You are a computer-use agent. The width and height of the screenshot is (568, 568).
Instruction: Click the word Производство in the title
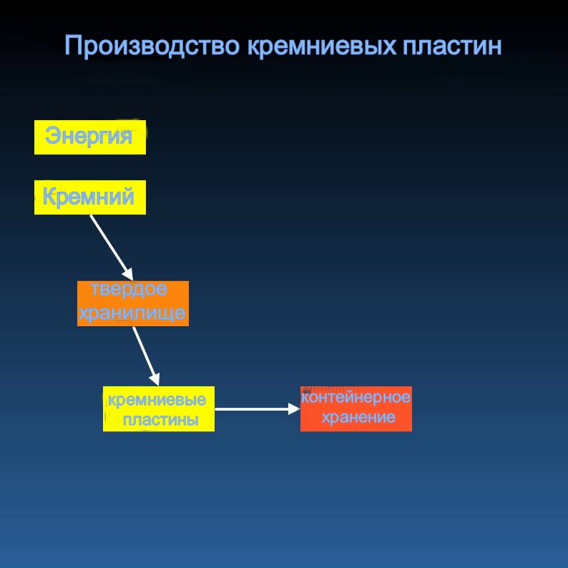click(152, 46)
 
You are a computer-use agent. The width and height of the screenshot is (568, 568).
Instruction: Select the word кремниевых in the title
click(322, 46)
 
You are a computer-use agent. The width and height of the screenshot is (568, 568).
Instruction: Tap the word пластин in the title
click(452, 46)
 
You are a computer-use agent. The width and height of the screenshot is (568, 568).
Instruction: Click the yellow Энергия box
click(90, 137)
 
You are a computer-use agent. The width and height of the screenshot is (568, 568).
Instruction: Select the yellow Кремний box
click(90, 197)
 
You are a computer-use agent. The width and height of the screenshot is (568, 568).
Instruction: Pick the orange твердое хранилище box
click(133, 303)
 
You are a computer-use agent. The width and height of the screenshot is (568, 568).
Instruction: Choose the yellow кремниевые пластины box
click(159, 409)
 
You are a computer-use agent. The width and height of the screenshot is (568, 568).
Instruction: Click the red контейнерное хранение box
click(356, 409)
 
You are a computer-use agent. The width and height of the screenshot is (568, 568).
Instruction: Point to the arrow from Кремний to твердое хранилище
click(112, 248)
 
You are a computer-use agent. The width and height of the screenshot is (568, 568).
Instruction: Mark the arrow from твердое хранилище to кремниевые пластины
click(146, 356)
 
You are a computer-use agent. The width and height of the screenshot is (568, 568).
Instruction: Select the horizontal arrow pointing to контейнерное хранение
click(258, 409)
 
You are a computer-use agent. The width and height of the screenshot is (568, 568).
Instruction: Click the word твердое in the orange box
click(129, 290)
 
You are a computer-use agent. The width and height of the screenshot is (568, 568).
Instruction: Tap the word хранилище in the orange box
click(132, 313)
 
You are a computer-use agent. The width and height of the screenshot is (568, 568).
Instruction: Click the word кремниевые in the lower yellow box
click(157, 400)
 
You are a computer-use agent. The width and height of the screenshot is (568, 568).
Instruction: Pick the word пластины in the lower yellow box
click(160, 420)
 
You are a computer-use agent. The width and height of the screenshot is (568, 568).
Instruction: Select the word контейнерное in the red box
click(356, 397)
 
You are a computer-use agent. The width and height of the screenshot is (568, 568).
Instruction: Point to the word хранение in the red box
click(358, 417)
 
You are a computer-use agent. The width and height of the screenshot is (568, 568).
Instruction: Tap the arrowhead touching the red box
click(294, 409)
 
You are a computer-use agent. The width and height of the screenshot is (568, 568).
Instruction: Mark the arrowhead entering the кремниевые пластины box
click(155, 379)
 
